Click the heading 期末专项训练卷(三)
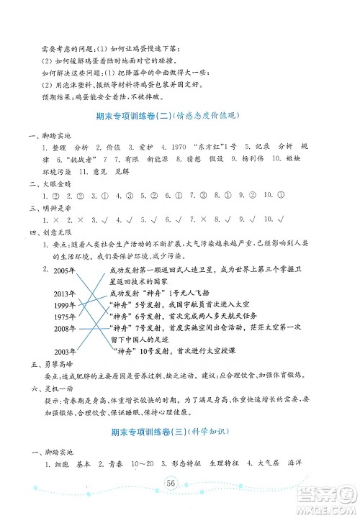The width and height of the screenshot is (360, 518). tap(140, 433)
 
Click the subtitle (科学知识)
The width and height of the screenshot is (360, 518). tap(208, 433)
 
